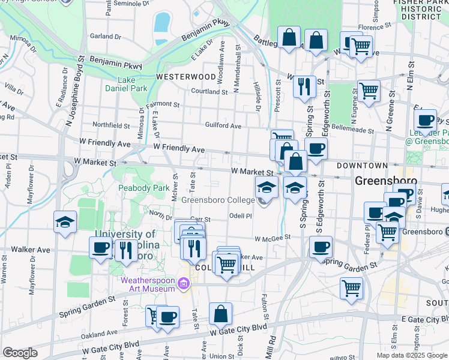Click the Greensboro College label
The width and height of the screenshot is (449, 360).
pos(217,200)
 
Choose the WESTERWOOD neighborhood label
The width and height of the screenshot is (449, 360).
pos(185,77)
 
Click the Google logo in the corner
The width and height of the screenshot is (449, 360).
pos(20,353)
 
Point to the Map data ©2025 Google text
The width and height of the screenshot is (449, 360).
pos(412,355)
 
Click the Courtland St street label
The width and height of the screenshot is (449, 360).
pos(209,92)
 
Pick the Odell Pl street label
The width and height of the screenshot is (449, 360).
pos(240,216)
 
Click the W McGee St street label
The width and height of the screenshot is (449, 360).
pos(272,238)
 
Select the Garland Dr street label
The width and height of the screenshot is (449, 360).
pos(105,36)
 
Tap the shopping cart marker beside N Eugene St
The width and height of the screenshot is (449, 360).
pos(369,91)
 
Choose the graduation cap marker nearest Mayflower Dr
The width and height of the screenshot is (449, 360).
pos(65,222)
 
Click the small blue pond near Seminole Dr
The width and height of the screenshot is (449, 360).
pos(162,22)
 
